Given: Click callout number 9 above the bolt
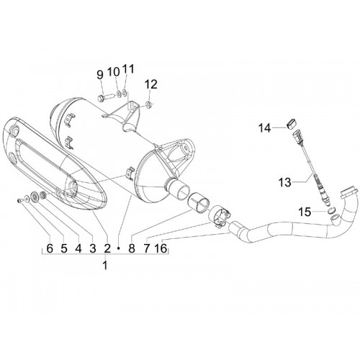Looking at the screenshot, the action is pos(100,75).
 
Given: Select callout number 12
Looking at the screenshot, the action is pos(151,84).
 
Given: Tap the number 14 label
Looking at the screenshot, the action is pos(264,128).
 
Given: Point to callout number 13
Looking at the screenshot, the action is pos(285,182).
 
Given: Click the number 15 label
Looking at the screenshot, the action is pos(305,212).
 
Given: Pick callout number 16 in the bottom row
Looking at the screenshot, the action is pos(161,248).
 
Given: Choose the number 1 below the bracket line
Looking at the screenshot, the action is pos(105,266).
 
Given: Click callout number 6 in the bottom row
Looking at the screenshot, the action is pos(50,248).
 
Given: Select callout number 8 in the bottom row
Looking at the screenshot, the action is pos(132,248).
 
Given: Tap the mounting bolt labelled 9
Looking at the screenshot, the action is pos(106,98).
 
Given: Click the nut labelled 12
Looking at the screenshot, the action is pos(148,105).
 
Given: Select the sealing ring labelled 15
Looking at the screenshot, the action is pos(330,210).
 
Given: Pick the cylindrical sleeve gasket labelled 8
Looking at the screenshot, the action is pos(199,202).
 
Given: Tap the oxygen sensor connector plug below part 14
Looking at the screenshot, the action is pos(297,138).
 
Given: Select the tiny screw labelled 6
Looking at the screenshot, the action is pos(19,200).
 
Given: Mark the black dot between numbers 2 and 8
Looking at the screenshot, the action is pos(118,248).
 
